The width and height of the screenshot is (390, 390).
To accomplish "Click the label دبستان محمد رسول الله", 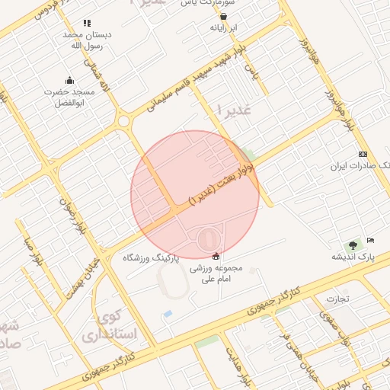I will [x=86, y=40].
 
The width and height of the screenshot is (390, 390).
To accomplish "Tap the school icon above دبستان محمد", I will [x=87, y=24].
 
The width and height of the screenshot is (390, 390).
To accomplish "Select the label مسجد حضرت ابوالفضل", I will [x=69, y=97].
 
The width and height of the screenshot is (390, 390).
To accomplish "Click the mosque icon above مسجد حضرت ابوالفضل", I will [x=70, y=81].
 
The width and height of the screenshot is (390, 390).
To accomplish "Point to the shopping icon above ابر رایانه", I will [x=223, y=15].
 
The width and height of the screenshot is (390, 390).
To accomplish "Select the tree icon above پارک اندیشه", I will [x=352, y=245].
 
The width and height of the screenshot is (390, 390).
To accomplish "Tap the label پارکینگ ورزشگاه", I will [x=151, y=258].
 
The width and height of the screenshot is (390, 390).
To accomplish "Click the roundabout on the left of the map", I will [x=123, y=120].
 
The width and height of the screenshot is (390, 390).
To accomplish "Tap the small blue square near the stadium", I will [x=168, y=314].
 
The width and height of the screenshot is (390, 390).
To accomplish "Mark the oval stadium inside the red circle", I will [x=206, y=240].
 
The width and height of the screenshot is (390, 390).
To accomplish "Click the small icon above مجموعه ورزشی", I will [x=216, y=256].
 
